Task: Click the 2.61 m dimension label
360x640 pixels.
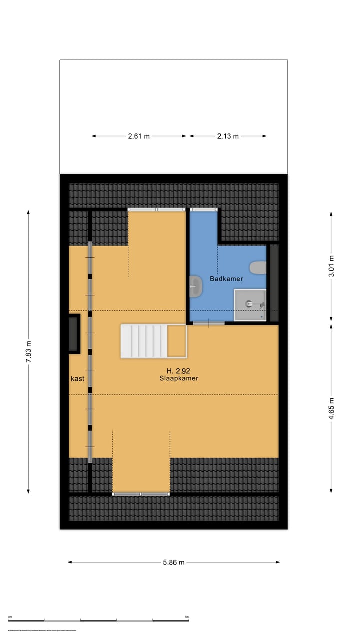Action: [x=139, y=136]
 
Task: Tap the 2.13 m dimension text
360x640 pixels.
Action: [x=228, y=136]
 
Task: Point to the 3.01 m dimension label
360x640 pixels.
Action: [x=331, y=266]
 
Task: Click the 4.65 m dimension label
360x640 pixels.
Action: [x=331, y=408]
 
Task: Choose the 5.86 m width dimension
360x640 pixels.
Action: [x=173, y=562]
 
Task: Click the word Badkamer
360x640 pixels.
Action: [x=226, y=279]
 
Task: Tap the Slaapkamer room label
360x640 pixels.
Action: [x=179, y=378]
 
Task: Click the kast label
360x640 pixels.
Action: [x=77, y=378]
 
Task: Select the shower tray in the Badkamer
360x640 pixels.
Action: [x=250, y=304]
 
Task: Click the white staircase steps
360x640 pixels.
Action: [x=144, y=341]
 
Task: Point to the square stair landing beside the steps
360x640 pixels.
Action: [x=176, y=341]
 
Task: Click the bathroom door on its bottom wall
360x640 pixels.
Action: [x=208, y=324]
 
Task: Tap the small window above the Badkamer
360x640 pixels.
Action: [x=204, y=210]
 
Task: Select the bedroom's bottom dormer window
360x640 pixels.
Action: [x=141, y=494]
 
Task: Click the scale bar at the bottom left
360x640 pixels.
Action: [x=99, y=620]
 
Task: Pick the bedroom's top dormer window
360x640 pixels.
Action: [x=157, y=210]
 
